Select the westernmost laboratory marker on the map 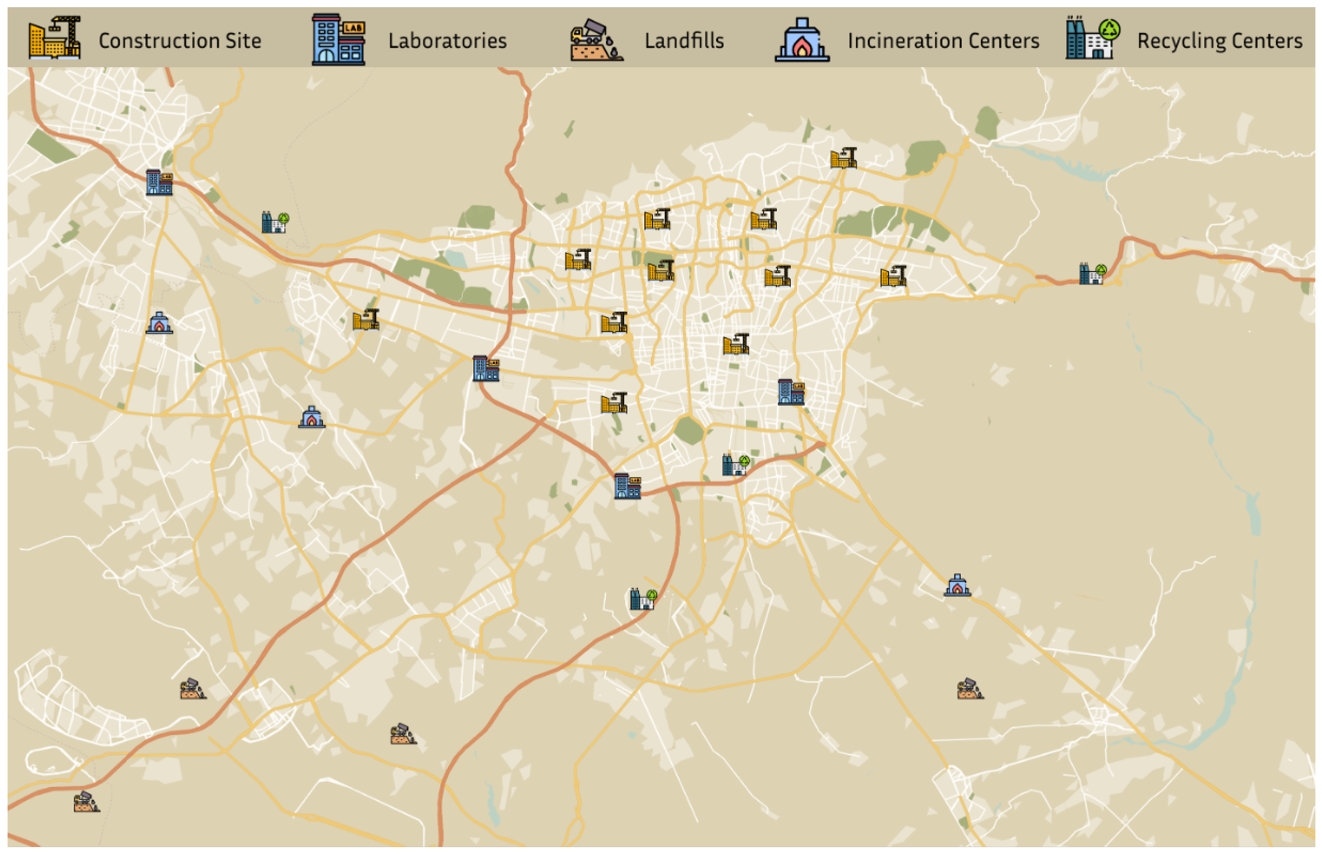click(x=159, y=183)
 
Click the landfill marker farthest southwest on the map click(x=86, y=802)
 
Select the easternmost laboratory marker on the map click(x=790, y=392)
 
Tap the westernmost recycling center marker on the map click(x=275, y=222)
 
